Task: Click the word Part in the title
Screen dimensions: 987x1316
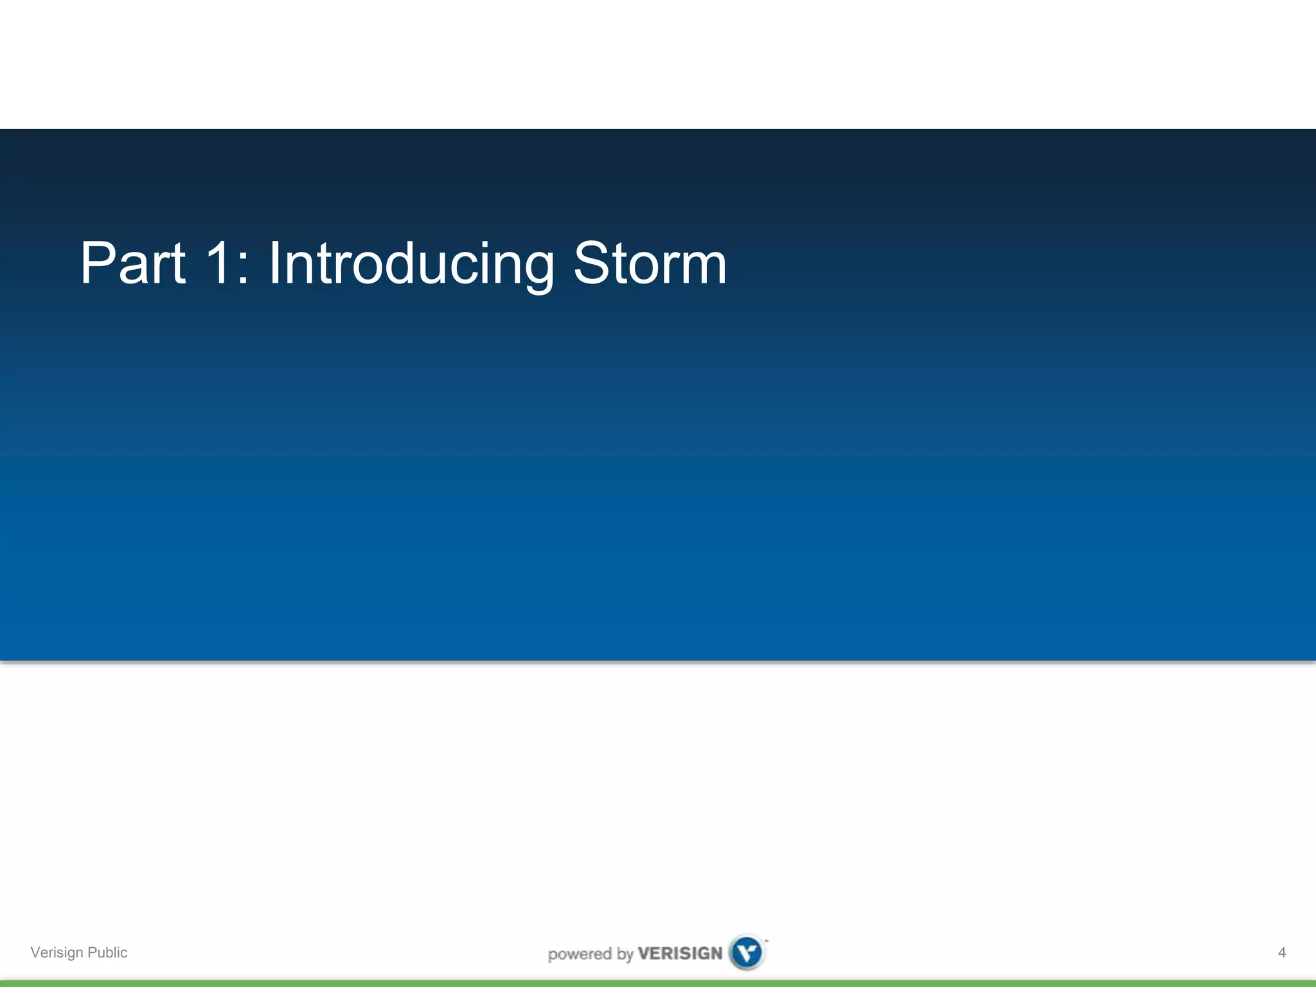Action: coord(133,263)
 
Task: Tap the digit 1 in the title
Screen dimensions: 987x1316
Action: coord(218,263)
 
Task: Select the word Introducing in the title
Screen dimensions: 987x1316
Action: coord(411,265)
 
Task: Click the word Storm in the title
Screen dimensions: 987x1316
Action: coord(650,263)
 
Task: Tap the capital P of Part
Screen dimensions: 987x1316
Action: coord(96,263)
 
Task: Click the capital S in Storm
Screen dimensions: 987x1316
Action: coord(592,263)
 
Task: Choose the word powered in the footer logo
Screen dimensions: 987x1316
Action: coord(580,954)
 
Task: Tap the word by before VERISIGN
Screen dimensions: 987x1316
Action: coord(625,954)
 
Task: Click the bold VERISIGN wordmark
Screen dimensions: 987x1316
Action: coord(680,953)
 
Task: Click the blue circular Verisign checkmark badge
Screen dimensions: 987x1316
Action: coord(747,952)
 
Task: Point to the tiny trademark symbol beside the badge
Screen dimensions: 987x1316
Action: coord(766,941)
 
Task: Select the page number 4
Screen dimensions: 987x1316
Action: coord(1281,952)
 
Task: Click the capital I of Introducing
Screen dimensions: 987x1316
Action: coord(273,263)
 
